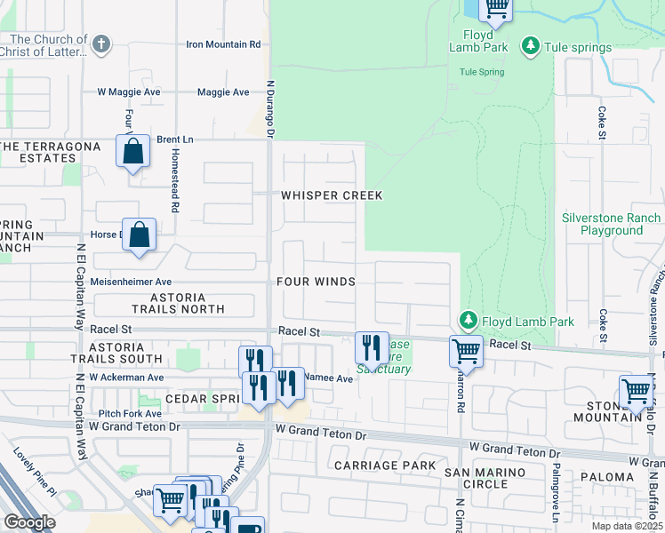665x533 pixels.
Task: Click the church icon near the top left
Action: tap(101, 42)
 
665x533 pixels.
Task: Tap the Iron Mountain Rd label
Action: tap(223, 44)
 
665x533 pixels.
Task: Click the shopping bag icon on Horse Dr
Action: tap(140, 235)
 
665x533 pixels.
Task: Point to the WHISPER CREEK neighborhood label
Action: tap(332, 195)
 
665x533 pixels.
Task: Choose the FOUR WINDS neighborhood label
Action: tap(316, 282)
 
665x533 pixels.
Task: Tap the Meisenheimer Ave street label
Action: tap(132, 282)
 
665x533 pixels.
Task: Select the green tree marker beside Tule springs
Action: tap(530, 44)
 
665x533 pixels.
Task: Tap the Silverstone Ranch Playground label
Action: tap(612, 224)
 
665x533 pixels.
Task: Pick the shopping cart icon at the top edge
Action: tap(496, 9)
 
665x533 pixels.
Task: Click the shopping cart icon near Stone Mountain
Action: tap(637, 391)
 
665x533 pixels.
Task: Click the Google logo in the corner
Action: tap(29, 522)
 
